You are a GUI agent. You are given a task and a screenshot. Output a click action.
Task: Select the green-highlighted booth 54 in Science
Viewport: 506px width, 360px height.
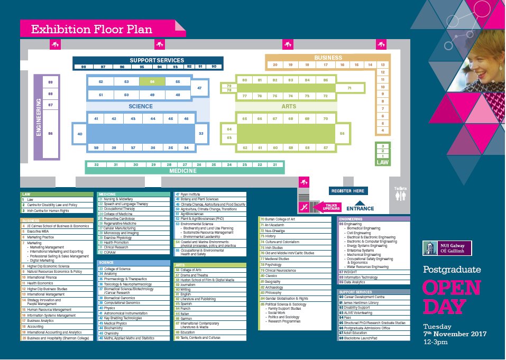pos(152,82)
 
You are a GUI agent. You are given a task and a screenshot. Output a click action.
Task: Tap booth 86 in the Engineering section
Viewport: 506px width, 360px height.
pos(51,134)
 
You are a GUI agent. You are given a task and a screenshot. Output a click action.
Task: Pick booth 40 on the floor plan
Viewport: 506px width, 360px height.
pos(80,134)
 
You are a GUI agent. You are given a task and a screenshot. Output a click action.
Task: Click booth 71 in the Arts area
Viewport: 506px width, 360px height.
pos(349,88)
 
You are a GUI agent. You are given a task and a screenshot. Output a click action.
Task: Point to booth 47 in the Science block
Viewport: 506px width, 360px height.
pos(199,88)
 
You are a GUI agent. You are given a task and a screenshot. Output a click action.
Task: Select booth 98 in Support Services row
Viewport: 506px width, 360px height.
pos(84,67)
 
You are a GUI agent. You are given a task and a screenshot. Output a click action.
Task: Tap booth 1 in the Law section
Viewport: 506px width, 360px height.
pos(382,156)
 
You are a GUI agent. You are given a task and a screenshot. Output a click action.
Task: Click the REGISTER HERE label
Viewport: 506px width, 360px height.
pos(347,191)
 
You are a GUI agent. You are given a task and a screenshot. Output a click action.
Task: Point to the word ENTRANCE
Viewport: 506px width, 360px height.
pos(360,208)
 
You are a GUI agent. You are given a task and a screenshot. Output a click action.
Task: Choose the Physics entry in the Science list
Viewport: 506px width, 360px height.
pos(109,308)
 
